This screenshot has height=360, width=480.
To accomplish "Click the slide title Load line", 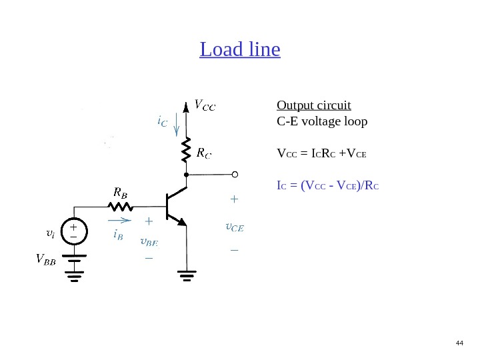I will (240, 50).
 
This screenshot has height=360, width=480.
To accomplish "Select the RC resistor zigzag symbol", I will (187, 151).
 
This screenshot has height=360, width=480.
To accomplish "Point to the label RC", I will (205, 153).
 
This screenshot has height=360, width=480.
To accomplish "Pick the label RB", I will (120, 192).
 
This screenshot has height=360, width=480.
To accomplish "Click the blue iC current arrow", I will (176, 123).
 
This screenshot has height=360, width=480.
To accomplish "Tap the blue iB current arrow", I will (120, 219).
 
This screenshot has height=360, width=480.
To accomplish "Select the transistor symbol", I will (175, 207).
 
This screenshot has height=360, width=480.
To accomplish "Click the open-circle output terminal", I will (235, 175).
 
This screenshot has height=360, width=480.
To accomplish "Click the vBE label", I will (148, 240).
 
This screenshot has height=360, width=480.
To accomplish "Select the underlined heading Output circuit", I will (313, 106).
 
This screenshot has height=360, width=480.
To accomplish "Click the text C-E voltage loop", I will (321, 122).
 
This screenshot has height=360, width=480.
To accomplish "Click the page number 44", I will (459, 343).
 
